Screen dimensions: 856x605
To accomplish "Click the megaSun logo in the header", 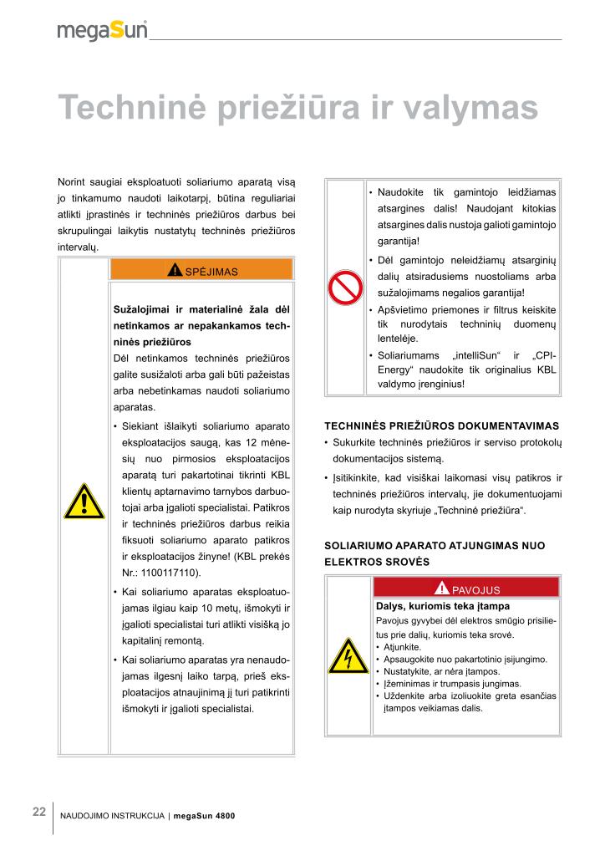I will pyautogui.click(x=103, y=30).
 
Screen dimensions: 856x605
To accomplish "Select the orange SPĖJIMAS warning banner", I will pyautogui.click(x=201, y=271).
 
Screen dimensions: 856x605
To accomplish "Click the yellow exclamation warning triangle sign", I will pyautogui.click(x=84, y=502).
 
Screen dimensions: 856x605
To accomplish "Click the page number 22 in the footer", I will pyautogui.click(x=39, y=812).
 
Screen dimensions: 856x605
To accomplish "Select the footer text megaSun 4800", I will pyautogui.click(x=211, y=816).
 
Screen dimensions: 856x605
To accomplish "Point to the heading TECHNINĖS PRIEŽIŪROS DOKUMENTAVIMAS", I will pyautogui.click(x=441, y=425).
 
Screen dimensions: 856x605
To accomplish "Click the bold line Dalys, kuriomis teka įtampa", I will pyautogui.click(x=443, y=606).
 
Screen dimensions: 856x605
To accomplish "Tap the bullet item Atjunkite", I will pyautogui.click(x=402, y=647).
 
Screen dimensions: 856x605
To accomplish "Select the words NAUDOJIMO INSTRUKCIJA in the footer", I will pyautogui.click(x=112, y=816).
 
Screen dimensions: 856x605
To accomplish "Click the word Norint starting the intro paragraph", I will pyautogui.click(x=73, y=181).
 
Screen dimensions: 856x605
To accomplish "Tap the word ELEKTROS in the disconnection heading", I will pyautogui.click(x=352, y=562).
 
